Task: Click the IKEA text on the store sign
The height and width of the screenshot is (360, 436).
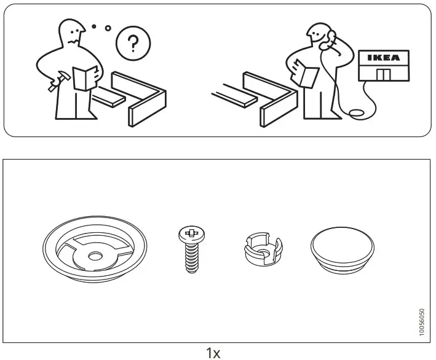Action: (x=382, y=58)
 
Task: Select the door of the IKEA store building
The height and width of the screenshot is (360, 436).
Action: (x=383, y=74)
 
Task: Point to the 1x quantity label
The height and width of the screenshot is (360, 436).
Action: (x=213, y=353)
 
